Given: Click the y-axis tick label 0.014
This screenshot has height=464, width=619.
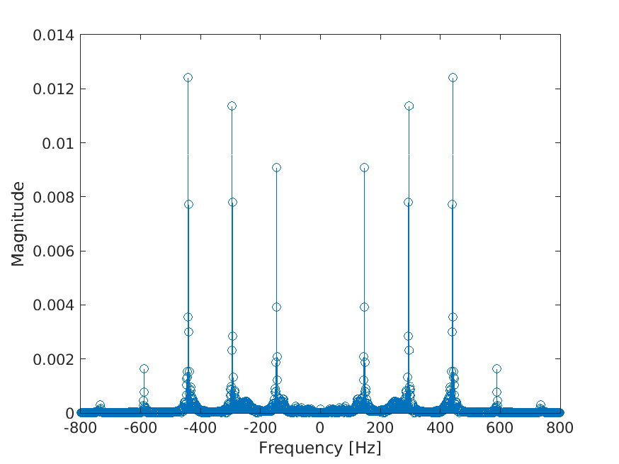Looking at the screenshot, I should pyautogui.click(x=53, y=35).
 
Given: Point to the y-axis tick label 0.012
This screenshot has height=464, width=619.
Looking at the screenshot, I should pyautogui.click(x=53, y=89).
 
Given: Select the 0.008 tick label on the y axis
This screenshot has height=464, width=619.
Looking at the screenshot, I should pyautogui.click(x=53, y=197).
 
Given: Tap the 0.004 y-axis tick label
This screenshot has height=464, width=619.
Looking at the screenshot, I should pyautogui.click(x=53, y=305).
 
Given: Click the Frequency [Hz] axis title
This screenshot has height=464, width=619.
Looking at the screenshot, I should pyautogui.click(x=320, y=448).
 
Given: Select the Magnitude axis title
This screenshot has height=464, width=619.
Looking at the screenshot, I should pyautogui.click(x=18, y=224).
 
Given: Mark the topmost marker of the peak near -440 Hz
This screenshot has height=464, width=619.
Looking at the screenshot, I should pyautogui.click(x=188, y=77).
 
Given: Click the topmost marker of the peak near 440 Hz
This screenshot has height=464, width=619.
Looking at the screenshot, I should pyautogui.click(x=453, y=77).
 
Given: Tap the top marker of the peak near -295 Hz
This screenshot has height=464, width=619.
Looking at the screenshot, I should pyautogui.click(x=232, y=106).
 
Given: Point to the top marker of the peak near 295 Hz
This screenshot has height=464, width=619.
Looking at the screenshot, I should pyautogui.click(x=409, y=106).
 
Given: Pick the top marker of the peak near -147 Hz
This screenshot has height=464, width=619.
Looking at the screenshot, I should pyautogui.click(x=276, y=167).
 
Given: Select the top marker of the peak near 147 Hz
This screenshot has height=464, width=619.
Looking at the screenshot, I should pyautogui.click(x=364, y=167).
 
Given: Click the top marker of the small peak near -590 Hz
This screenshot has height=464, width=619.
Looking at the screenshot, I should pyautogui.click(x=144, y=368).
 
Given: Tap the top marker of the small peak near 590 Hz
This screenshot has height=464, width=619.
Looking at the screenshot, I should pyautogui.click(x=496, y=368).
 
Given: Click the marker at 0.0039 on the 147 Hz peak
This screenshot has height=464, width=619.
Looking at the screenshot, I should pyautogui.click(x=364, y=307).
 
